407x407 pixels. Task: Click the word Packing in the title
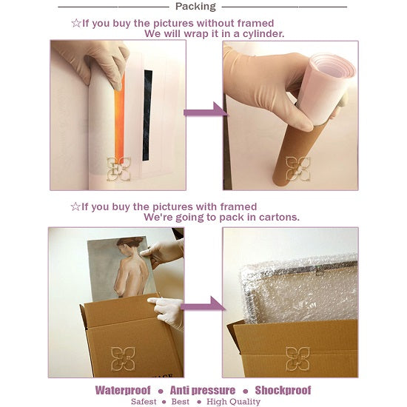(x=195, y=7)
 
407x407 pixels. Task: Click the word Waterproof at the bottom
(x=123, y=391)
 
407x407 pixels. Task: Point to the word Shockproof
(x=283, y=390)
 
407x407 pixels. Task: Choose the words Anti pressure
(x=203, y=391)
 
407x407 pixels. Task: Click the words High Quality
(x=233, y=402)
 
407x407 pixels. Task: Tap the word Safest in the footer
(x=144, y=402)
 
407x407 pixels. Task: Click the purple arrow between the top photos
(x=206, y=110)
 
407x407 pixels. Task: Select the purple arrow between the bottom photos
(x=203, y=305)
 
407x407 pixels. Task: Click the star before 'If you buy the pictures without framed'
(x=76, y=23)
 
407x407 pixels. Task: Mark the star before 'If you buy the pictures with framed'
(x=75, y=207)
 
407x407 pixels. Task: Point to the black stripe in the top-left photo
(x=147, y=115)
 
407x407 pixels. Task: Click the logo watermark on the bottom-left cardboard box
(x=123, y=359)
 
